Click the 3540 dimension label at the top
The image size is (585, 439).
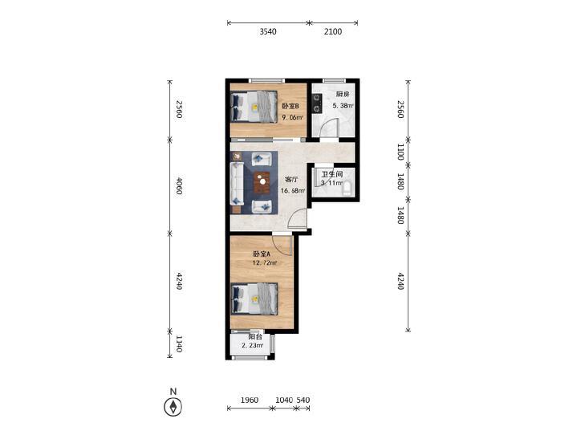(268, 32)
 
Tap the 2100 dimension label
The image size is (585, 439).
(333, 32)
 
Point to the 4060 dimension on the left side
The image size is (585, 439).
(179, 185)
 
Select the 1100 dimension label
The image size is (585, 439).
(400, 152)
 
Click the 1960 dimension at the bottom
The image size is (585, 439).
(250, 400)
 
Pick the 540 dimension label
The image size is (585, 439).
(303, 400)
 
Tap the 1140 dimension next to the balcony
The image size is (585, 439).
(179, 343)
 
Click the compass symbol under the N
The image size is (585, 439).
(173, 407)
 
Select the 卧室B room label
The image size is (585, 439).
(290, 106)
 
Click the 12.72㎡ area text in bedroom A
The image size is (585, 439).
(265, 263)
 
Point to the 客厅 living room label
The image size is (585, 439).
(291, 180)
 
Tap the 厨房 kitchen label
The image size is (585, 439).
(343, 94)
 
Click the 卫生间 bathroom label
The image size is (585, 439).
(332, 174)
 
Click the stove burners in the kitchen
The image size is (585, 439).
(318, 104)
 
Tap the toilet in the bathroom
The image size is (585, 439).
(347, 189)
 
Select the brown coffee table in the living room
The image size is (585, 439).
(263, 182)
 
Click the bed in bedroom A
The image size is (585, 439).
(254, 299)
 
